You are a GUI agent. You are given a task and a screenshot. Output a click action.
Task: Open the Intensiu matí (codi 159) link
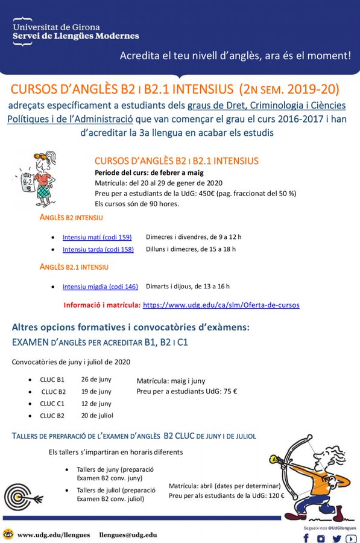(97, 237)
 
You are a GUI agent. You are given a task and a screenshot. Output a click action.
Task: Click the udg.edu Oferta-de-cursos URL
(221, 305)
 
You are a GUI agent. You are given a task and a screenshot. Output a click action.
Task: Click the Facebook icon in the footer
(306, 539)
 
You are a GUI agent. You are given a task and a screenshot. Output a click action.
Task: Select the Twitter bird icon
(337, 539)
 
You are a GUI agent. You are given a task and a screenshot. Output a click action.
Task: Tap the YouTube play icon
(351, 539)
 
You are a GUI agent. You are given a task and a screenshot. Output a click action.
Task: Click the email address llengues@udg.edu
(128, 535)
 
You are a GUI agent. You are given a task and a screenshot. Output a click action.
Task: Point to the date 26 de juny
(96, 379)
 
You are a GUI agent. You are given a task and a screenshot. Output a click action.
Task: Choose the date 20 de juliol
(98, 416)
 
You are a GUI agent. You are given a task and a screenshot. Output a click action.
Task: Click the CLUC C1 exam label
(52, 404)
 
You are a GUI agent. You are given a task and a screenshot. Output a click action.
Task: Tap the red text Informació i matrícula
(102, 305)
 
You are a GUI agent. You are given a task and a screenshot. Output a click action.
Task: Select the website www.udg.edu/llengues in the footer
(54, 535)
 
